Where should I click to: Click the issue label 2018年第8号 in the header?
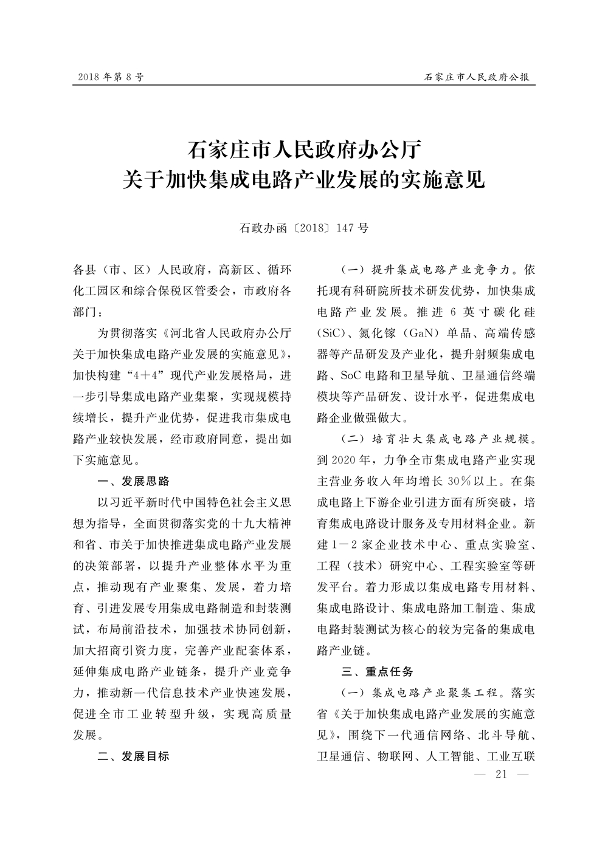point(111,78)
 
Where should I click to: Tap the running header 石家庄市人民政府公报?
point(476,78)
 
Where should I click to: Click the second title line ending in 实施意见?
point(303,180)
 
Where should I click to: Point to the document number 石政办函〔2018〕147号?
point(303,228)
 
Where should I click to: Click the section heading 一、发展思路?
point(134,481)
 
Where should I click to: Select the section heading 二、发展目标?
point(134,756)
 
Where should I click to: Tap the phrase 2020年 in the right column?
point(351,460)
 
